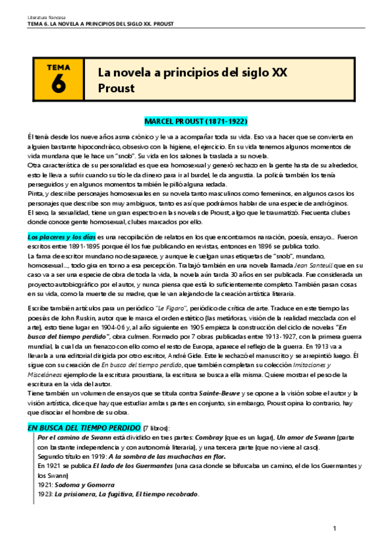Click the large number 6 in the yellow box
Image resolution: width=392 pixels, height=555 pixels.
(x=58, y=84)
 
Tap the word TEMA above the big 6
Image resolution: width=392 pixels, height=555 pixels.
(x=58, y=67)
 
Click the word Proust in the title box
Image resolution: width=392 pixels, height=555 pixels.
(x=115, y=88)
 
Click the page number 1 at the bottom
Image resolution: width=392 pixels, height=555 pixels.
(x=334, y=528)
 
